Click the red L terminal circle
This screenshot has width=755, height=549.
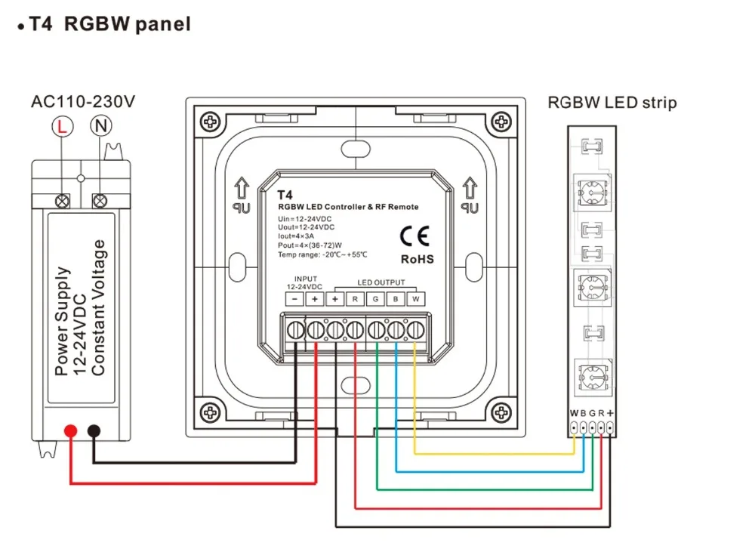(63, 127)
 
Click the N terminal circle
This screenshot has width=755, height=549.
(100, 126)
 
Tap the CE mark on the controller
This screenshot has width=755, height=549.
(414, 236)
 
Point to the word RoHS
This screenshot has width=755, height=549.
(417, 259)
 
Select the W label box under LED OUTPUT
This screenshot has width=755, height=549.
(415, 299)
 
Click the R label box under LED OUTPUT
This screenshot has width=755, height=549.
(355, 299)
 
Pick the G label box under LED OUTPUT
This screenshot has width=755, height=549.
(375, 299)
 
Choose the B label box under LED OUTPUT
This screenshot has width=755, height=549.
(396, 299)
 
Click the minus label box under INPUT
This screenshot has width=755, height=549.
(294, 299)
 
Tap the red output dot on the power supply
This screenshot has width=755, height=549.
(71, 430)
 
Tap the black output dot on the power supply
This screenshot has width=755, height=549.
(94, 430)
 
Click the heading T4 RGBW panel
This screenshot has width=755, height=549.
(110, 23)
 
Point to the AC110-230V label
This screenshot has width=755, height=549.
(83, 102)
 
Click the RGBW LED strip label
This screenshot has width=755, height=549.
(612, 103)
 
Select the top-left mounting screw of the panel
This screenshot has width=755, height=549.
(211, 122)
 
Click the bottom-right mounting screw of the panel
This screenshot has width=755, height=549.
(501, 413)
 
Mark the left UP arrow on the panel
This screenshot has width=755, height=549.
(242, 188)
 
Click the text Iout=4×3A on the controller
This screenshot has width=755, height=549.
(296, 236)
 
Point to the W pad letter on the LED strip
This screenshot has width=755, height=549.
(574, 413)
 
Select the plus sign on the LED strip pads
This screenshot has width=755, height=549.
(610, 413)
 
